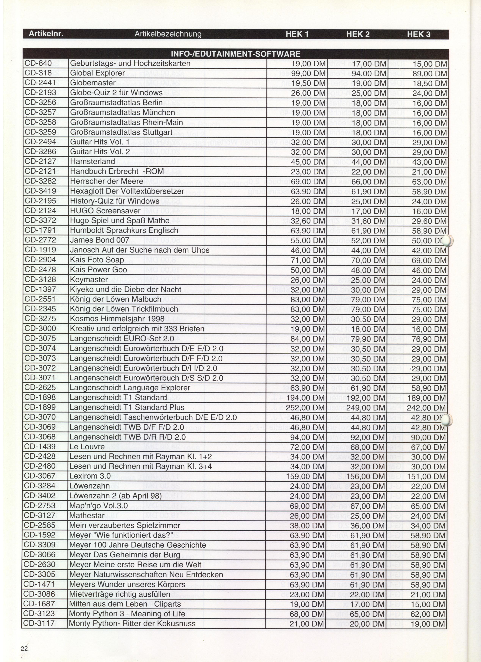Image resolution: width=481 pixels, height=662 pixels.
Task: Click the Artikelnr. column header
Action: point(46,34)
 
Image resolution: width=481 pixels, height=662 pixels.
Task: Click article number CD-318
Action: point(38,73)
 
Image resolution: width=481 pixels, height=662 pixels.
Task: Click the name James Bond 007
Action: point(99,240)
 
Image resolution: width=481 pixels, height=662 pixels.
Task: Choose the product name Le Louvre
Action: point(87,447)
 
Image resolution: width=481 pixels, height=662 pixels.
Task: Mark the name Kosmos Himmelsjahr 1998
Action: point(117,319)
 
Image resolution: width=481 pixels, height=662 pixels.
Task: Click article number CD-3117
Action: point(40,624)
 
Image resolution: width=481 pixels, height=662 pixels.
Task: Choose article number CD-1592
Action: point(40,535)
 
